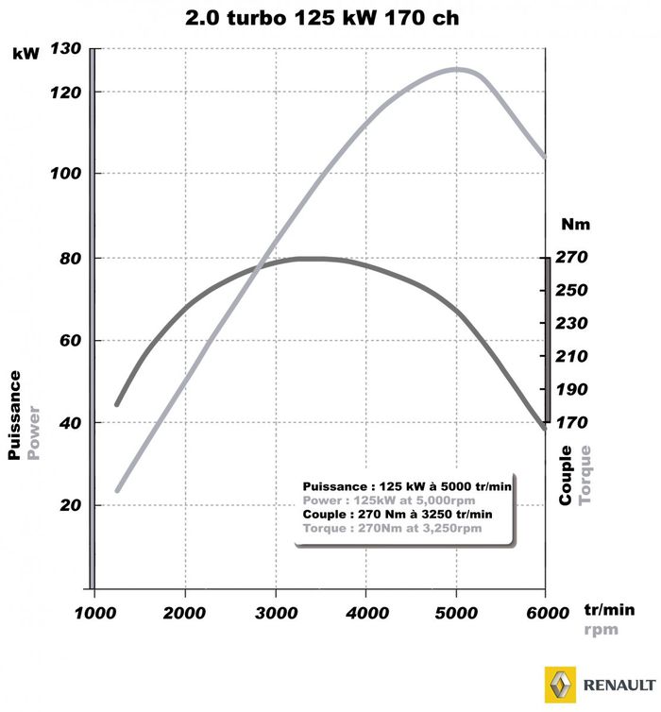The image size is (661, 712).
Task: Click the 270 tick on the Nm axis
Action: click(x=572, y=257)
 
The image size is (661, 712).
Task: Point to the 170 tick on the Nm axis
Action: click(x=572, y=422)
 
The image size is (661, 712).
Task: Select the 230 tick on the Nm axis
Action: click(x=572, y=323)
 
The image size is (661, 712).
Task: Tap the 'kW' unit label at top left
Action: click(x=25, y=54)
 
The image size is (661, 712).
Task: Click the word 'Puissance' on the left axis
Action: click(x=14, y=415)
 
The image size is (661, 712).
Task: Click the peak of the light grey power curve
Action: click(x=458, y=68)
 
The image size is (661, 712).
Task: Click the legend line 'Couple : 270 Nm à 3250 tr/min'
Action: click(x=398, y=515)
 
